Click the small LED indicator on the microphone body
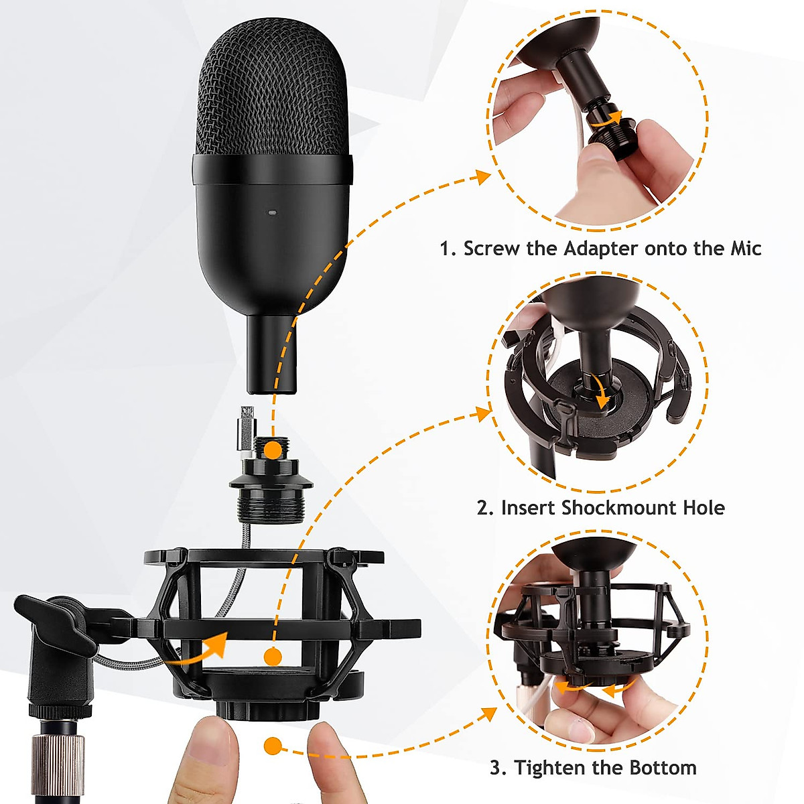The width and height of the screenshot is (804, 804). (x=272, y=212)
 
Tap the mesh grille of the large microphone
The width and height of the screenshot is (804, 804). (x=272, y=94)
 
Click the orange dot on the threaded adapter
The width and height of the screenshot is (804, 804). (x=272, y=450)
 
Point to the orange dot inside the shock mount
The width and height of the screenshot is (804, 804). (x=272, y=657)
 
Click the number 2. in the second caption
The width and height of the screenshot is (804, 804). (x=486, y=507)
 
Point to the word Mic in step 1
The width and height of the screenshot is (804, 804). (x=745, y=249)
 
